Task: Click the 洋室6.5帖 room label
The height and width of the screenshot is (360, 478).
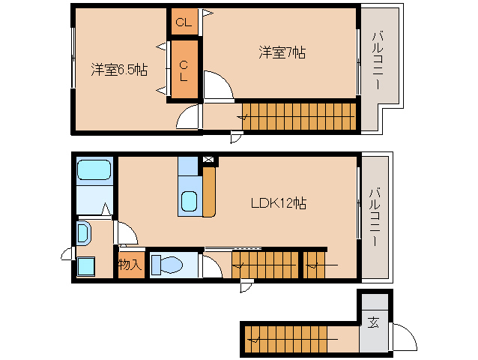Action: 119,70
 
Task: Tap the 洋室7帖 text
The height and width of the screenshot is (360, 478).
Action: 282,52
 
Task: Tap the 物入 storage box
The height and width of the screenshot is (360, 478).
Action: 129,265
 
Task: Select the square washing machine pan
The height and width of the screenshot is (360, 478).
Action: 85,265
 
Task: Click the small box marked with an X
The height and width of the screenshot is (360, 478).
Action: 208,160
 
